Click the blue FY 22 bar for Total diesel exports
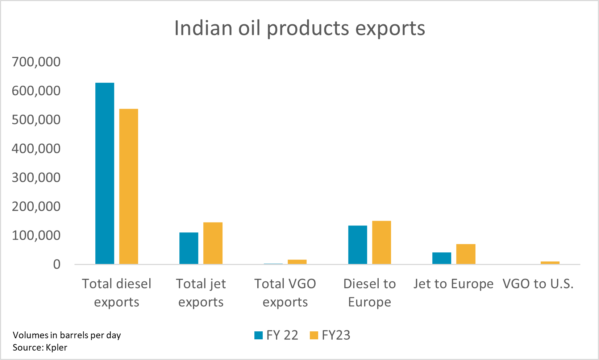click(x=105, y=173)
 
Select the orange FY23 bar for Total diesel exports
click(x=129, y=186)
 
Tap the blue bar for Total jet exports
click(x=189, y=248)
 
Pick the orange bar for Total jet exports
click(x=213, y=243)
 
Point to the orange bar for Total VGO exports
click(x=297, y=262)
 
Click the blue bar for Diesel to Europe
click(x=358, y=245)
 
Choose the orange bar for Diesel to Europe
click(x=382, y=242)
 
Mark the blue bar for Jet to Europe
click(x=442, y=258)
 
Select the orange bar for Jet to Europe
click(x=466, y=254)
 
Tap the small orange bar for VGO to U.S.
click(x=550, y=262)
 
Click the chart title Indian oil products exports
click(x=299, y=28)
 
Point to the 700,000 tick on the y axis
click(x=36, y=62)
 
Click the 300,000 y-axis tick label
click(x=36, y=177)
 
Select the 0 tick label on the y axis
click(x=57, y=264)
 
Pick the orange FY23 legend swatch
click(x=314, y=335)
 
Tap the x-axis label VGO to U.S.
click(x=538, y=284)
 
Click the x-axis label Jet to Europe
click(x=453, y=284)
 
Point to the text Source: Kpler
click(x=40, y=347)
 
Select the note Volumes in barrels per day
click(x=67, y=335)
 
